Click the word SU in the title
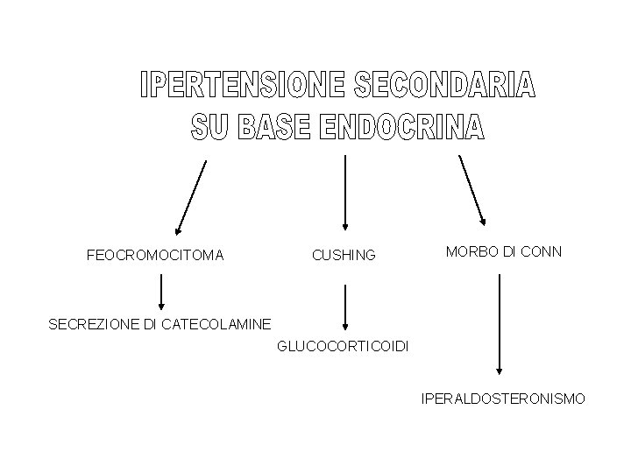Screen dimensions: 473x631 [x=208, y=128]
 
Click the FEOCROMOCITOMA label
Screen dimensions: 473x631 [x=155, y=256]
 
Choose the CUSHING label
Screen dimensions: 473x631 [x=344, y=256]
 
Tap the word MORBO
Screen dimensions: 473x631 [x=471, y=251]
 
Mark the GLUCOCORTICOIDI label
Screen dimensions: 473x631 [x=343, y=347]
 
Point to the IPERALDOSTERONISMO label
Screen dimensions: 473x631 [x=503, y=399]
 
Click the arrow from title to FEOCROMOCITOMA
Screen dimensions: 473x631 [x=191, y=198]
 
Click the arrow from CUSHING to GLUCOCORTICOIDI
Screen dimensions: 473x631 [x=346, y=307]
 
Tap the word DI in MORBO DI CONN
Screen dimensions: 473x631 [x=509, y=251]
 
